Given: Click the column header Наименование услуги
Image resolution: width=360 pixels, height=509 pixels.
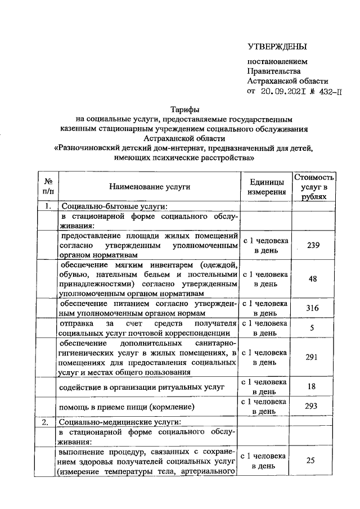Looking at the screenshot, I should [x=150, y=186].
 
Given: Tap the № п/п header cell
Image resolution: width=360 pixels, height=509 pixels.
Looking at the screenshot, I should [x=48, y=186].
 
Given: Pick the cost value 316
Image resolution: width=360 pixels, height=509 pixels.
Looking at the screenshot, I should [x=315, y=308].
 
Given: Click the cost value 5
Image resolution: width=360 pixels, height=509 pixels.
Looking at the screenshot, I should [x=315, y=328].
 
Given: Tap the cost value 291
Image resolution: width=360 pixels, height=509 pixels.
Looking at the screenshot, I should [x=315, y=357].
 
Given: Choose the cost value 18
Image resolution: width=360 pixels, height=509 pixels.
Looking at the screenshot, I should [x=315, y=386].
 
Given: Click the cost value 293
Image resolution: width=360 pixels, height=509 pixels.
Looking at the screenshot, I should [x=315, y=406].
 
